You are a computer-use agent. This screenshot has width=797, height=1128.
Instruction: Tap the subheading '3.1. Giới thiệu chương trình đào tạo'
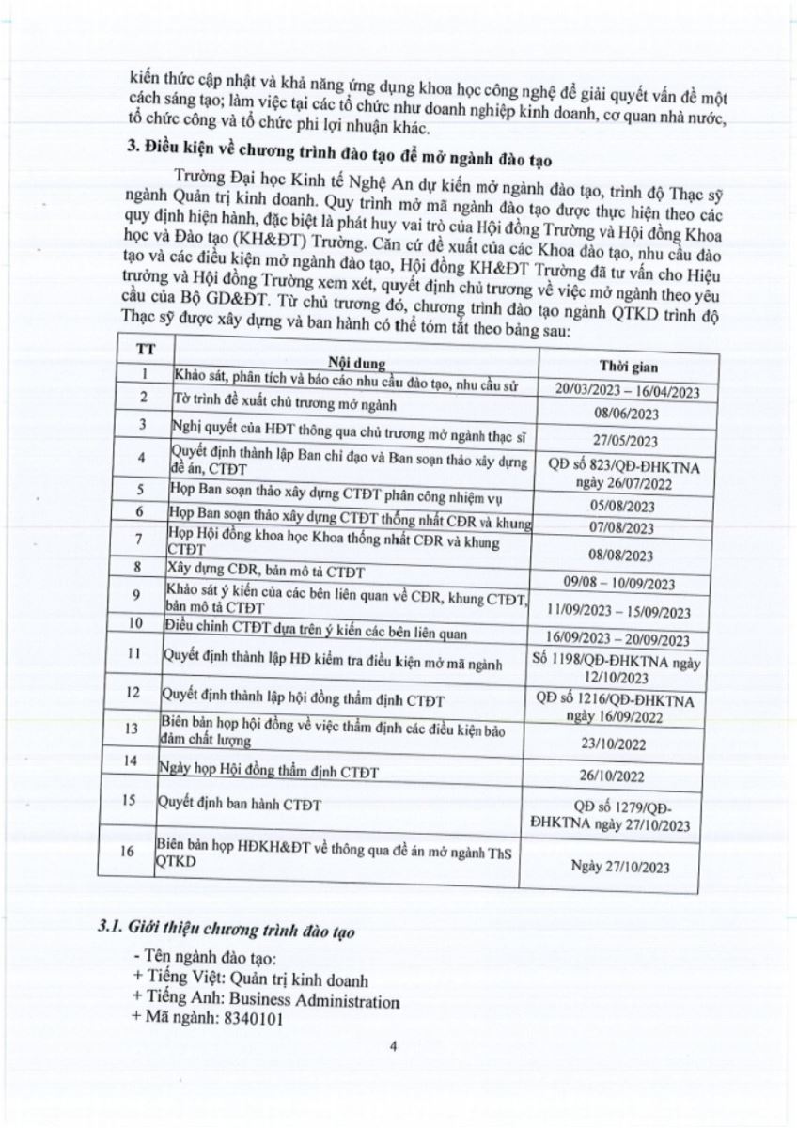228,930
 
